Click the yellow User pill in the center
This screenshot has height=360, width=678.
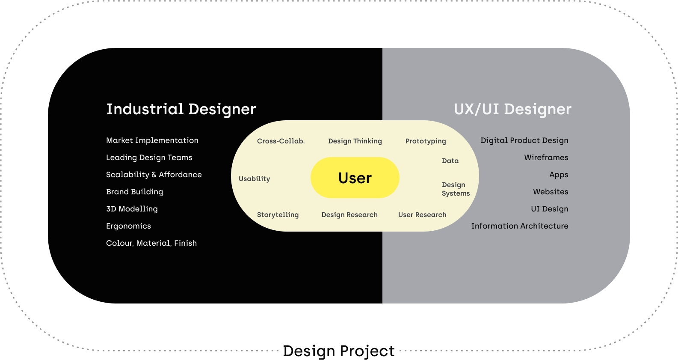355,178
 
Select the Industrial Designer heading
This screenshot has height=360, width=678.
181,109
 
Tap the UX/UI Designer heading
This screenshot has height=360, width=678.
512,109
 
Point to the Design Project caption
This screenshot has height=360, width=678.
338,351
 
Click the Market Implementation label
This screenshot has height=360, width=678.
152,140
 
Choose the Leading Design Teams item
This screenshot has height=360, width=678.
149,158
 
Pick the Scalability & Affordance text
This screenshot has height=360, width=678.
154,175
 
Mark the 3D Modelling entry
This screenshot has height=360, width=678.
132,209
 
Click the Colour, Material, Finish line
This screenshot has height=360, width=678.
151,243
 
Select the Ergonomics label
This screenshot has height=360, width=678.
128,226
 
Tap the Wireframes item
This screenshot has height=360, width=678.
546,158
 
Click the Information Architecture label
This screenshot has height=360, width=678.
520,226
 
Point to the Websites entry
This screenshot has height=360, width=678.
551,192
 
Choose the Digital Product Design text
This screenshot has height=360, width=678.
524,140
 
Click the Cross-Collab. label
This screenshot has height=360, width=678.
281,141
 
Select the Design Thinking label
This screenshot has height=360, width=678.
355,141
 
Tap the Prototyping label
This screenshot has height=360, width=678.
426,141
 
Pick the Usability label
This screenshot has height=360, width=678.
255,179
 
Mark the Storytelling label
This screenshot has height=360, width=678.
278,215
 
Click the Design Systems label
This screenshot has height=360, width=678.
456,189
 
